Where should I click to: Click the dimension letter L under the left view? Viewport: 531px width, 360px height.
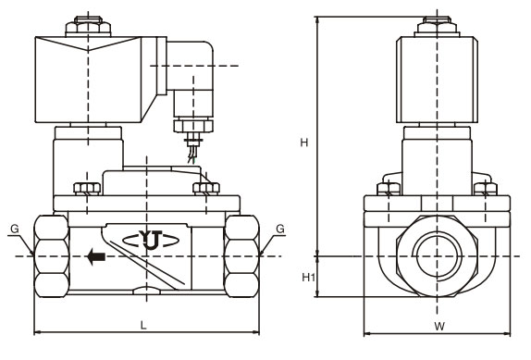(x=143, y=326)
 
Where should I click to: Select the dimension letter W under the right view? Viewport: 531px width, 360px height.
(x=439, y=327)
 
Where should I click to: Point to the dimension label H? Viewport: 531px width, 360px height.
(x=304, y=143)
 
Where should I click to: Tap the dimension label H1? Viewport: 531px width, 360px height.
(x=308, y=278)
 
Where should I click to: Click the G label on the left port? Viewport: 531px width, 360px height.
(x=15, y=229)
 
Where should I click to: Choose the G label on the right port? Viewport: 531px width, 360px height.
(x=280, y=229)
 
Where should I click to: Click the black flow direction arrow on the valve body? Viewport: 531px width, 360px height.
(x=96, y=256)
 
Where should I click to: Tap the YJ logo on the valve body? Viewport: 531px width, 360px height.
(x=151, y=240)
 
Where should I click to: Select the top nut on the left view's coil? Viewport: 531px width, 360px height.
(x=88, y=26)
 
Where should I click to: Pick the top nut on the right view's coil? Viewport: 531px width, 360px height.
(x=438, y=26)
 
